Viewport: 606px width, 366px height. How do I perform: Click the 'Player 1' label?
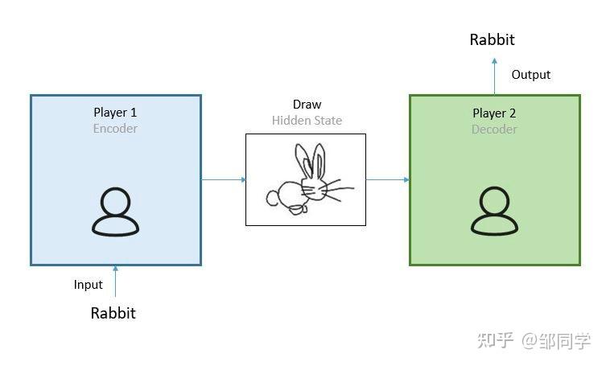(115, 113)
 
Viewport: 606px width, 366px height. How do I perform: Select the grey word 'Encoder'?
(115, 129)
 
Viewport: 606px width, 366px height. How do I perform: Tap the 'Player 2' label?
(494, 113)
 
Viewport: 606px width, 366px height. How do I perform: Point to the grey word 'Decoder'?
(494, 129)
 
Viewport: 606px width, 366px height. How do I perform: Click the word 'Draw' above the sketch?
(307, 105)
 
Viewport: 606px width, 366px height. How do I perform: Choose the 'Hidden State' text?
(307, 121)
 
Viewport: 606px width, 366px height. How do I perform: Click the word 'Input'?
(88, 285)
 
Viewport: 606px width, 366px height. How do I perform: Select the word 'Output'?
(531, 75)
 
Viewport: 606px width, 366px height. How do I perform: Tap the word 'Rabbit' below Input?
(113, 313)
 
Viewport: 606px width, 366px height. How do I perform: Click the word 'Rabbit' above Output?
(493, 39)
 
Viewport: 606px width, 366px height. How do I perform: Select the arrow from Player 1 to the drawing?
(224, 179)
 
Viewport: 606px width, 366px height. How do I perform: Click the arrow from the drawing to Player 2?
(388, 179)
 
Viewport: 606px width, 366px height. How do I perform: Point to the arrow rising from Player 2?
(494, 76)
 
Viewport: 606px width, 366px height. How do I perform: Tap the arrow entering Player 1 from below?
(115, 282)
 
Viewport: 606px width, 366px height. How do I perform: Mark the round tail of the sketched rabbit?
(273, 198)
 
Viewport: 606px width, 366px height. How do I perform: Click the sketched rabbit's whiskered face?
(315, 188)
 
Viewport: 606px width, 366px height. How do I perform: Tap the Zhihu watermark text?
(534, 341)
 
